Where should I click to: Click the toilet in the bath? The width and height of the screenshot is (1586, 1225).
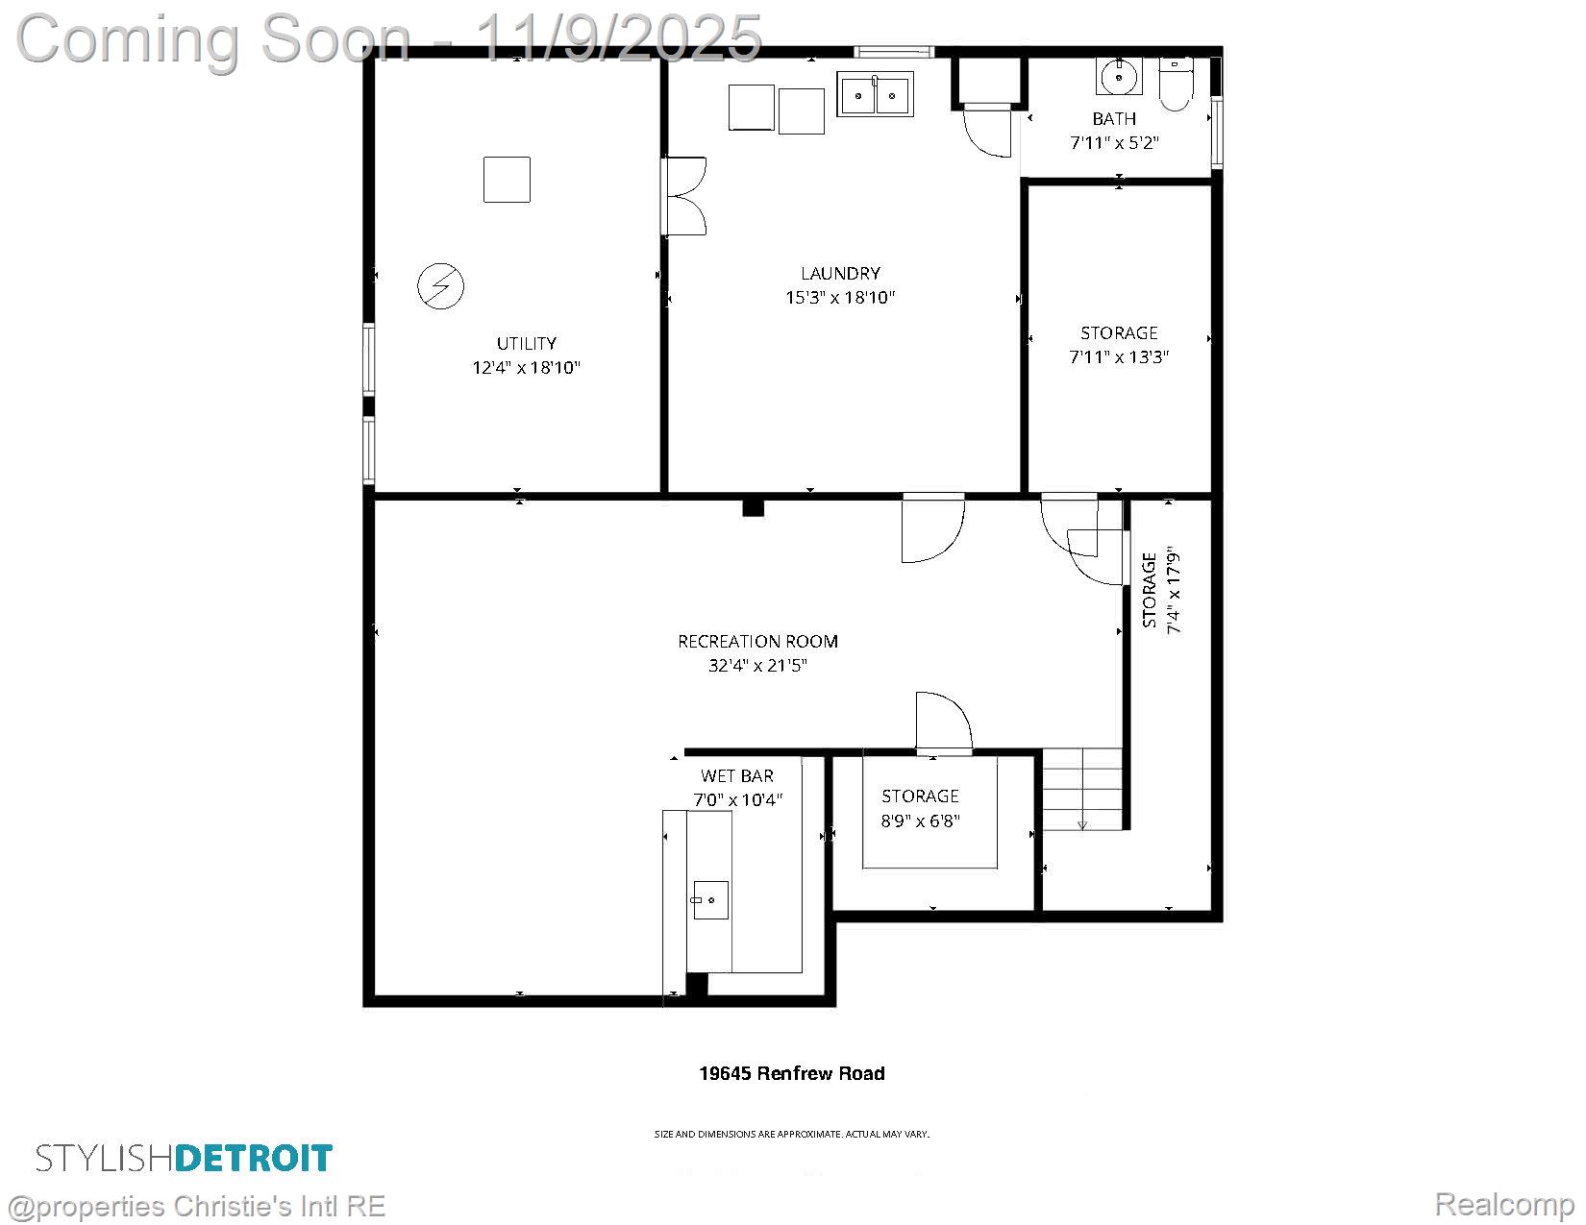coord(1176,84)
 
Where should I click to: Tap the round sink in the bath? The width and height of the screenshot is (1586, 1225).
coord(1118,77)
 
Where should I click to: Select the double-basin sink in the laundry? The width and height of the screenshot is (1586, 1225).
coord(875,94)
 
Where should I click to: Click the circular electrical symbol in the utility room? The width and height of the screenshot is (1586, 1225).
coord(441,286)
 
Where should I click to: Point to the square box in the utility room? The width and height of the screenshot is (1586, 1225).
coord(507,180)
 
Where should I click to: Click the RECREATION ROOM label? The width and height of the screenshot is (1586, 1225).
coord(757,641)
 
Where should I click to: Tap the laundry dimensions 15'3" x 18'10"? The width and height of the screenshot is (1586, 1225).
coord(840,298)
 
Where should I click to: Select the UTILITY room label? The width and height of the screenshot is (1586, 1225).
coord(526,344)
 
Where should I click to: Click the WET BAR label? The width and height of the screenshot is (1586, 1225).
coord(737,776)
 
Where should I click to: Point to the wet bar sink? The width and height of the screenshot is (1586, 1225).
coord(710,899)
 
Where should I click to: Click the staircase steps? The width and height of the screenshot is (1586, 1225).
coord(1082,789)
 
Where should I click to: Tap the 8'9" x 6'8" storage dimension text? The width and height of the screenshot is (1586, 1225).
coord(921,821)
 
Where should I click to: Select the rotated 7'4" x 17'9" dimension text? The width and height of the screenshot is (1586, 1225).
coord(1173,590)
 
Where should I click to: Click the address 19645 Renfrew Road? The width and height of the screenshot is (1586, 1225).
coord(792,1073)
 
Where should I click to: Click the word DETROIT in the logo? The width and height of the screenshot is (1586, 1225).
coord(254,1159)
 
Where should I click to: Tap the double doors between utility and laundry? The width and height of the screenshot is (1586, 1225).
coord(683,196)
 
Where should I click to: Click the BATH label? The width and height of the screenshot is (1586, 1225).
coord(1114,118)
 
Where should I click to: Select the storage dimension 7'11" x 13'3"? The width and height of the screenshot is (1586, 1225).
coord(1119,356)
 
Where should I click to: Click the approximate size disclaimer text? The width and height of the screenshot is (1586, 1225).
coord(792,1135)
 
